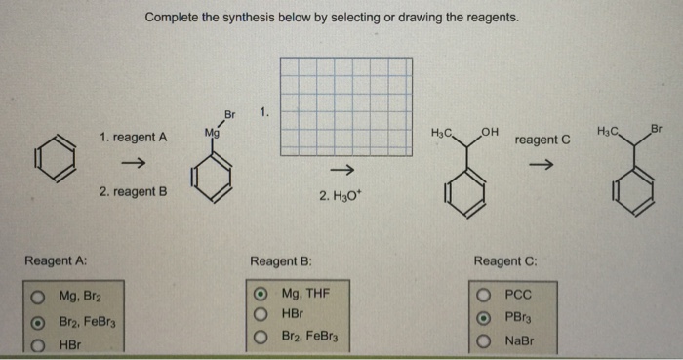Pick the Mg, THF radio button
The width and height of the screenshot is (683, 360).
click(x=261, y=293)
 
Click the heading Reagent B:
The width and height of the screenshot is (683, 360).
click(x=280, y=260)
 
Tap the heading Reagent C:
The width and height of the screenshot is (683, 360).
click(x=504, y=260)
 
